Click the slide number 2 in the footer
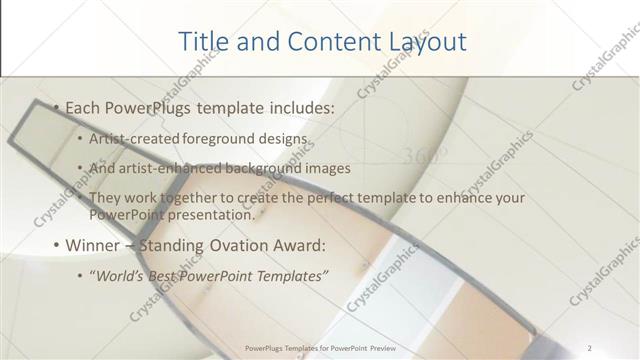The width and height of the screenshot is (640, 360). coord(590,347)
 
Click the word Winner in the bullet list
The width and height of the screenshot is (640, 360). coord(96,245)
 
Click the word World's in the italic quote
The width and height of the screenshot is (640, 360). coord(123,275)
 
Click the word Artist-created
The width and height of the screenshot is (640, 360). coord(131,138)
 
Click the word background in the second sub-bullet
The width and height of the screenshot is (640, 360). coord(265,168)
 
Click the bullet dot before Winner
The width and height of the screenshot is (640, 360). coord(56,245)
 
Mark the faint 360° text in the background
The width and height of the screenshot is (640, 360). coord(425,156)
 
